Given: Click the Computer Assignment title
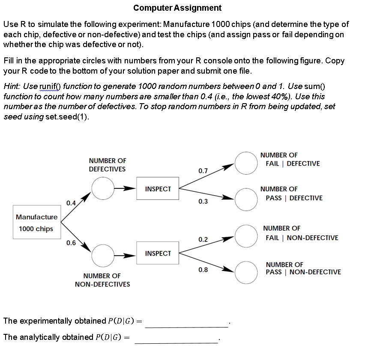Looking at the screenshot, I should (x=177, y=8).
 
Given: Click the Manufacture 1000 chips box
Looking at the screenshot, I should (x=37, y=223).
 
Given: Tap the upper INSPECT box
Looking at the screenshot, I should (x=158, y=188).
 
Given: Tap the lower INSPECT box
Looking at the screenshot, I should (x=158, y=253).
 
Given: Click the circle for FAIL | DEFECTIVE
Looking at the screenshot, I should (x=246, y=163).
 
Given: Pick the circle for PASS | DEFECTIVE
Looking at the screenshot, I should (x=246, y=198).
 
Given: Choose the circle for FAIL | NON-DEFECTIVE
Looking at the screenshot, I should (x=246, y=236).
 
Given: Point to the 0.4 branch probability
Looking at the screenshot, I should (x=71, y=202).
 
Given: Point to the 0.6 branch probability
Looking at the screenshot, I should (x=71, y=243).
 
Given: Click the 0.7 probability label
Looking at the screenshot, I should (x=203, y=171).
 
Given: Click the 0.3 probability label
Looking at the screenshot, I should (x=203, y=201).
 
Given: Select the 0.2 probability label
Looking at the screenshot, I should (x=203, y=239).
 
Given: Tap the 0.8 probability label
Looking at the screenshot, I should (x=203, y=270).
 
